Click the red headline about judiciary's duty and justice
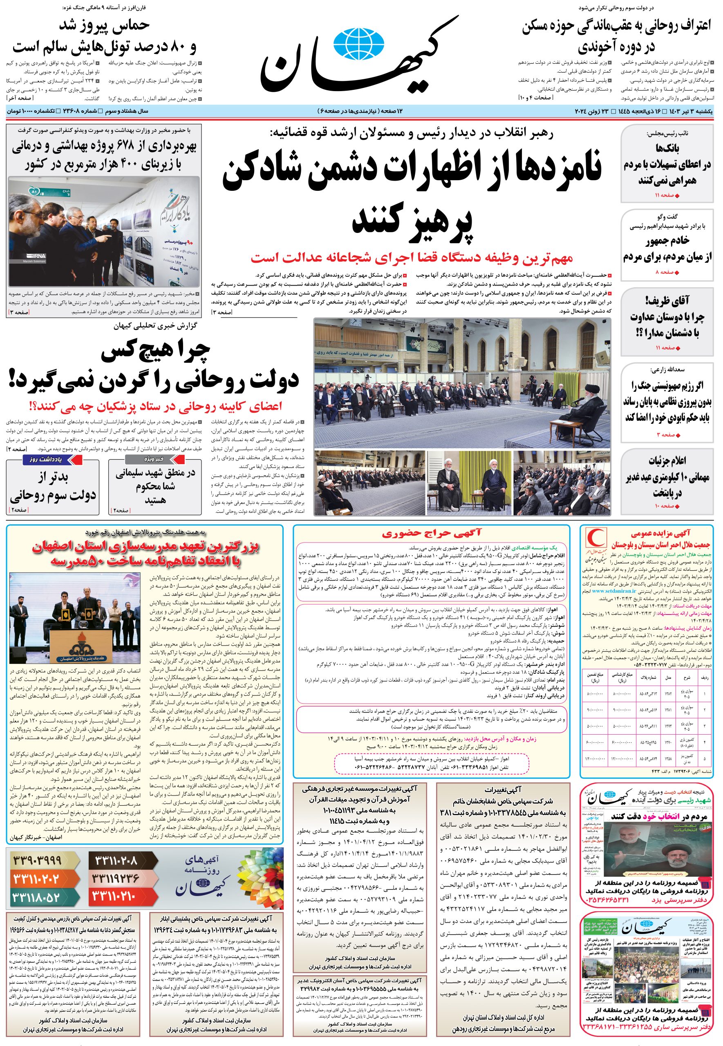(x=412, y=258)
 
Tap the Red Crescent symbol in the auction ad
(x=593, y=539)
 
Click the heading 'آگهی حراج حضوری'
(x=431, y=533)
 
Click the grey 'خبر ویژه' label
(x=154, y=460)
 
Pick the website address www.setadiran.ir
(x=614, y=591)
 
